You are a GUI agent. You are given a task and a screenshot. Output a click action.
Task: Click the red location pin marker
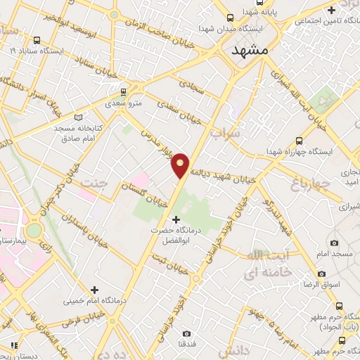click(181, 165)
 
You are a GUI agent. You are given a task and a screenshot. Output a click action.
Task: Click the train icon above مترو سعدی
click(124, 91)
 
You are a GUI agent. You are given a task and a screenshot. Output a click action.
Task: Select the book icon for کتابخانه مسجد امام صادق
click(78, 117)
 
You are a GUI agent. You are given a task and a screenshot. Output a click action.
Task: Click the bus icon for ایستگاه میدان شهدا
click(229, 18)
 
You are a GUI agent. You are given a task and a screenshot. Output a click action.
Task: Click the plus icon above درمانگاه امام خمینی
click(94, 290)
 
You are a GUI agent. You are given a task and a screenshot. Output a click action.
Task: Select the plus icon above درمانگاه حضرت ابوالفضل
click(176, 220)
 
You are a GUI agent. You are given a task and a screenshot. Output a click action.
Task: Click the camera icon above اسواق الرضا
click(322, 274)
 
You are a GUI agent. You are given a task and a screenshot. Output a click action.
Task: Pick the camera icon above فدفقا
click(186, 333)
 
